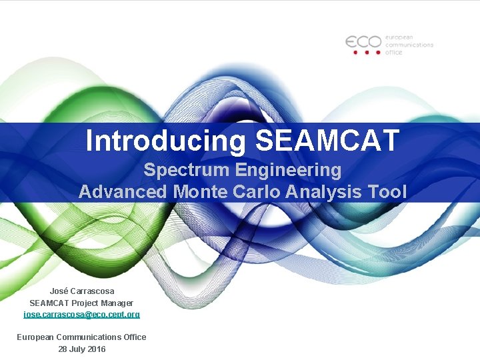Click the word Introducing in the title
click(166, 141)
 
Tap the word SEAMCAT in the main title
click(327, 141)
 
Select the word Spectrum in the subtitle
click(187, 170)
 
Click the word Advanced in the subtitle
click(123, 192)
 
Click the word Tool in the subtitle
click(387, 192)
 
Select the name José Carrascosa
click(81, 291)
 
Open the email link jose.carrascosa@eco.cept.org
click(81, 313)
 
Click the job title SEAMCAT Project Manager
click(81, 302)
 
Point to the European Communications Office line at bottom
click(81, 337)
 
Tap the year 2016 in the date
click(95, 349)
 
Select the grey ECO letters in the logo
click(363, 41)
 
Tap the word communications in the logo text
click(409, 45)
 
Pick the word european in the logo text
click(400, 37)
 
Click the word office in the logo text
click(393, 52)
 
